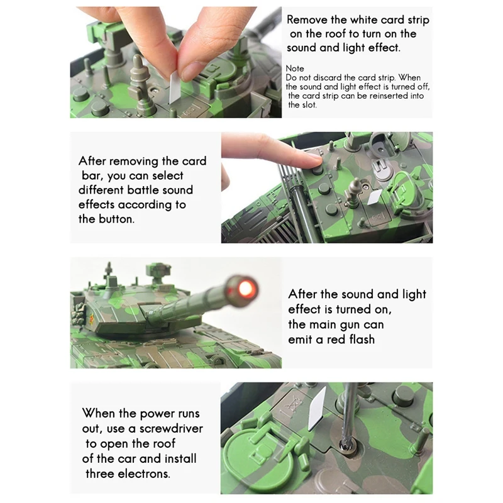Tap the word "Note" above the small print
coord(295,69)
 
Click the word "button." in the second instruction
coord(116,219)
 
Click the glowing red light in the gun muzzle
coord(245,287)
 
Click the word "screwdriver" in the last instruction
coord(171,429)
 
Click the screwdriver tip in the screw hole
coord(347,445)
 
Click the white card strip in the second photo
coord(375,197)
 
